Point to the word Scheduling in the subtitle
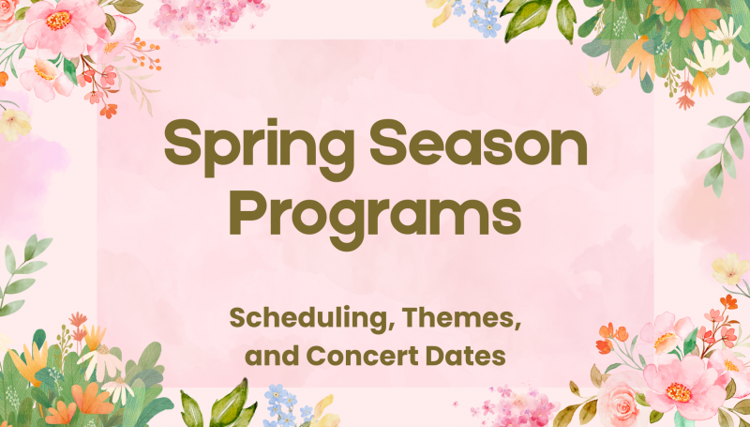pyautogui.click(x=302, y=319)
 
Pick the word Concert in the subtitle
pyautogui.click(x=380, y=357)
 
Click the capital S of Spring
pyautogui.click(x=184, y=149)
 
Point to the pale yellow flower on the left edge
pyautogui.click(x=13, y=122)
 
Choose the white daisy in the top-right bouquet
pyautogui.click(x=704, y=58)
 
